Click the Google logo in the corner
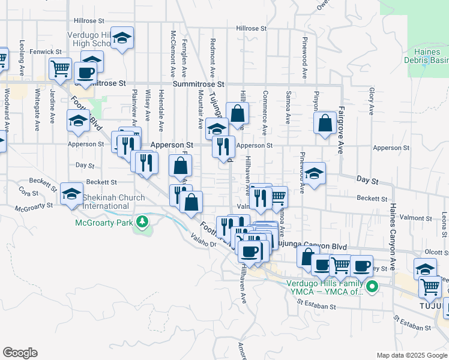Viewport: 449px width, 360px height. [19, 353]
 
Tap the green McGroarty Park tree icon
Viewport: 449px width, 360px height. [142, 223]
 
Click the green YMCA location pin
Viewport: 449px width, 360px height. [372, 287]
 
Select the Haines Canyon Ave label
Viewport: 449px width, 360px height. [393, 235]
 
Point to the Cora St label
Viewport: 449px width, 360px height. [28, 192]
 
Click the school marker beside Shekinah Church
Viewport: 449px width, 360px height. [71, 193]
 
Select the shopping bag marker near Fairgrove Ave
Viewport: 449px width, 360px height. [325, 124]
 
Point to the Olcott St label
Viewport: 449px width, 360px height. [436, 253]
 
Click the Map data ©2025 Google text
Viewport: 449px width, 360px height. [412, 355]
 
